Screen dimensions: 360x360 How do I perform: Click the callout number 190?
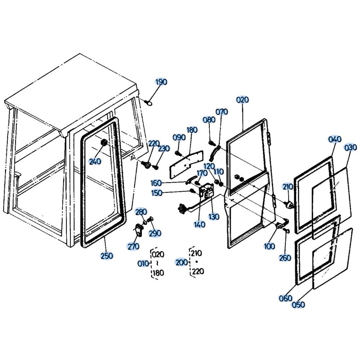[161, 82]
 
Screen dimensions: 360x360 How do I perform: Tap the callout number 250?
[107, 256]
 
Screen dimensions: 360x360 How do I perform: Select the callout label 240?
[95, 161]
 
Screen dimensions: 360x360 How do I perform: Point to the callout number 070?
[222, 112]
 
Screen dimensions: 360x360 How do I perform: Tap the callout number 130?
[214, 216]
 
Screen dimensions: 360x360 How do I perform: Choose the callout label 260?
[285, 258]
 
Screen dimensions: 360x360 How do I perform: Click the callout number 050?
[298, 305]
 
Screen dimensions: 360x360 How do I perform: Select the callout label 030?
[350, 147]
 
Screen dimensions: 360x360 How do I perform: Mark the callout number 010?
[143, 264]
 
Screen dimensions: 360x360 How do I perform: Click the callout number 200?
[181, 262]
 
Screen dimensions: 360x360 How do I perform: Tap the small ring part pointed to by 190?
[149, 103]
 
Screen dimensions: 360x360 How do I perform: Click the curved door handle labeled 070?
[214, 153]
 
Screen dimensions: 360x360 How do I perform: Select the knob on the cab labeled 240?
[104, 143]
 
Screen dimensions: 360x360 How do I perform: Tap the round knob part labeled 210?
[289, 204]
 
